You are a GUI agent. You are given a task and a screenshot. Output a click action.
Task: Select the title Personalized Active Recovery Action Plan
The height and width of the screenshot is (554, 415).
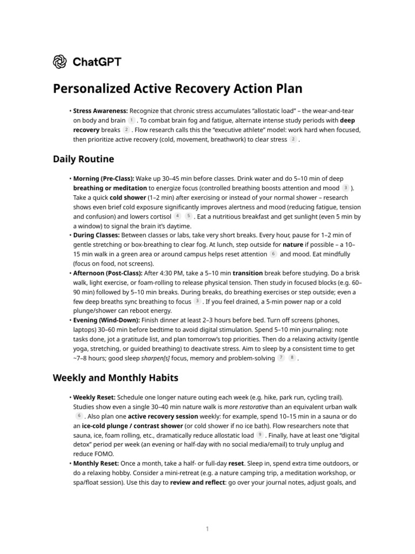(x=177, y=89)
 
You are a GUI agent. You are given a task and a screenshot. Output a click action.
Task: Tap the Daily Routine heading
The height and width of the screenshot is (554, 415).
(x=83, y=159)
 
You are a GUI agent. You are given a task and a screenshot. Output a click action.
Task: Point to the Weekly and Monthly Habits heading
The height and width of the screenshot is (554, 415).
(x=115, y=377)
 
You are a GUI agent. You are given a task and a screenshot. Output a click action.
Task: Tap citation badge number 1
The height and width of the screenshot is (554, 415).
(x=131, y=120)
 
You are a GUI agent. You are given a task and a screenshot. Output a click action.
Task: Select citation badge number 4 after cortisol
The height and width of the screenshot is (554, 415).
(x=178, y=216)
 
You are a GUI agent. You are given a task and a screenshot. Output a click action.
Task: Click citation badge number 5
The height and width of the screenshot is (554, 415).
(x=188, y=216)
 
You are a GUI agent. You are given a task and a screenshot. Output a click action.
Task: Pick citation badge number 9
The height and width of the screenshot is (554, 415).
(x=260, y=435)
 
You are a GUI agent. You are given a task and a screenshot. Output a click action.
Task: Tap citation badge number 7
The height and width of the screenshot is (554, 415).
(x=281, y=358)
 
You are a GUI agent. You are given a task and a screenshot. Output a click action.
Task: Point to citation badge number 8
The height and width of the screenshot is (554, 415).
(x=292, y=358)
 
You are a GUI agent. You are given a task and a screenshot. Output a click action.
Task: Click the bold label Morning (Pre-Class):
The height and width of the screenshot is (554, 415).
(x=104, y=179)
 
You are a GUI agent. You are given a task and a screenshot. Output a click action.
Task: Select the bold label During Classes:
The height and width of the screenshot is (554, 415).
(x=97, y=235)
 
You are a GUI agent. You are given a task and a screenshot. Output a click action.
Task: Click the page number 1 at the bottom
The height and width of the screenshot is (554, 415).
(x=207, y=529)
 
